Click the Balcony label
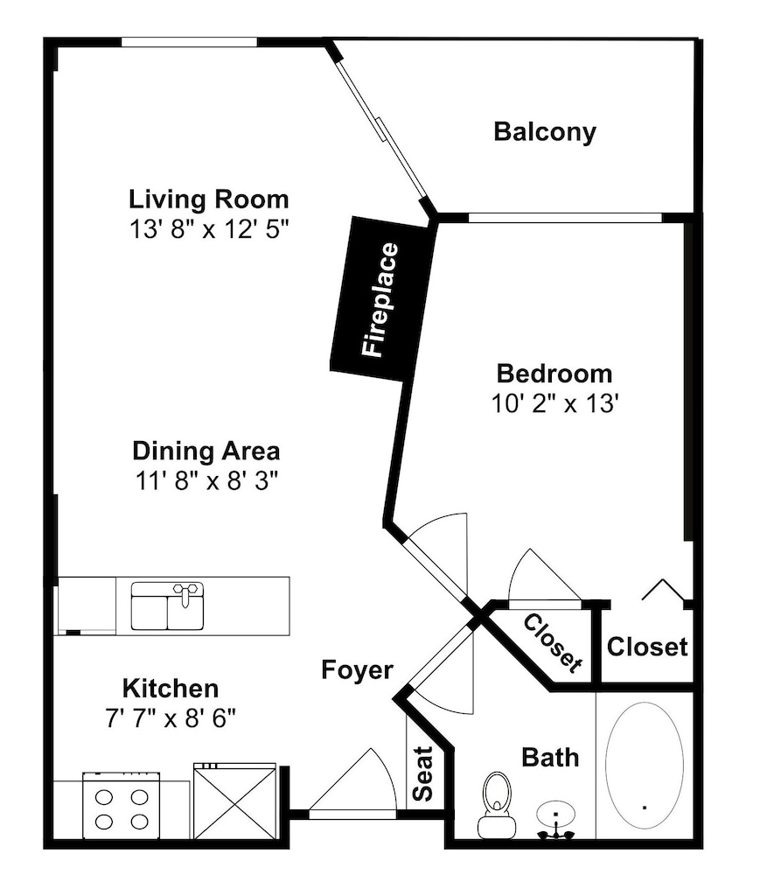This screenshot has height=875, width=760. tap(545, 132)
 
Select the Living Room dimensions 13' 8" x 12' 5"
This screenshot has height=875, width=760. tap(208, 228)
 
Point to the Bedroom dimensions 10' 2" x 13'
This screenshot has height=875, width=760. tap(554, 402)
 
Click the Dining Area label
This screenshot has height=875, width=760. tap(206, 451)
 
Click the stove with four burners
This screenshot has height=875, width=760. tap(122, 805)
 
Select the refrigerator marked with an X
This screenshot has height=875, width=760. tap(234, 801)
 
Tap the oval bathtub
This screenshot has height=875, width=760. tap(644, 765)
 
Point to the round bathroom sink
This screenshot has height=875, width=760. tap(556, 815)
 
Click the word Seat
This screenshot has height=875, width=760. tap(422, 773)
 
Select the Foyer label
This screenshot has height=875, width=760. tap(358, 669)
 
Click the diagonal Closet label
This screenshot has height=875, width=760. tap(553, 643)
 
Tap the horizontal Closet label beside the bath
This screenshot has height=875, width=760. tap(647, 647)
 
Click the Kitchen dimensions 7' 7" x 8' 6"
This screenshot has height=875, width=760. tap(171, 718)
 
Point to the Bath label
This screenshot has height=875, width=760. tap(550, 757)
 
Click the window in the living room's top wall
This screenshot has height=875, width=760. tap(190, 42)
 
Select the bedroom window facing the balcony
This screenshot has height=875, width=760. tap(565, 218)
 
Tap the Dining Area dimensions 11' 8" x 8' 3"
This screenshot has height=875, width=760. tap(206, 480)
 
